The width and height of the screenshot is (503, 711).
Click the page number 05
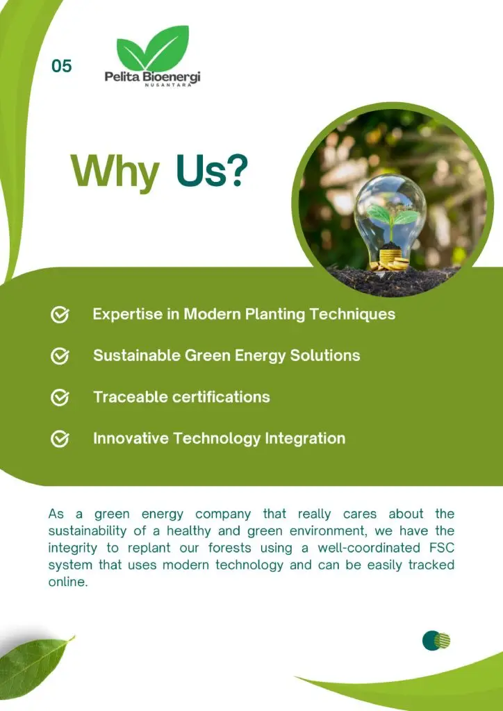click(x=62, y=66)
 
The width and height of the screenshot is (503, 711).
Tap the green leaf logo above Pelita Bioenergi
click(x=153, y=48)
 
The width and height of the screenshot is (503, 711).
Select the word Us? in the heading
click(x=213, y=170)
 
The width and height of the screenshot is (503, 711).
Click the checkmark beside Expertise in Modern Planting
click(x=60, y=315)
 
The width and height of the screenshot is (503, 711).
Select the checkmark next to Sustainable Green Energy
click(x=60, y=356)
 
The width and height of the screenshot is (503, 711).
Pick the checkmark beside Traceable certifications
click(x=60, y=398)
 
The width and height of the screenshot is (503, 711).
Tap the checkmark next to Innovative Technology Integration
click(x=60, y=439)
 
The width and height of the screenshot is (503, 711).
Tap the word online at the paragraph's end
click(x=67, y=582)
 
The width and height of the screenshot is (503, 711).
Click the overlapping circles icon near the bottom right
click(x=436, y=640)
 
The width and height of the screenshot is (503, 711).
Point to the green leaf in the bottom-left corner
click(x=34, y=667)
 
